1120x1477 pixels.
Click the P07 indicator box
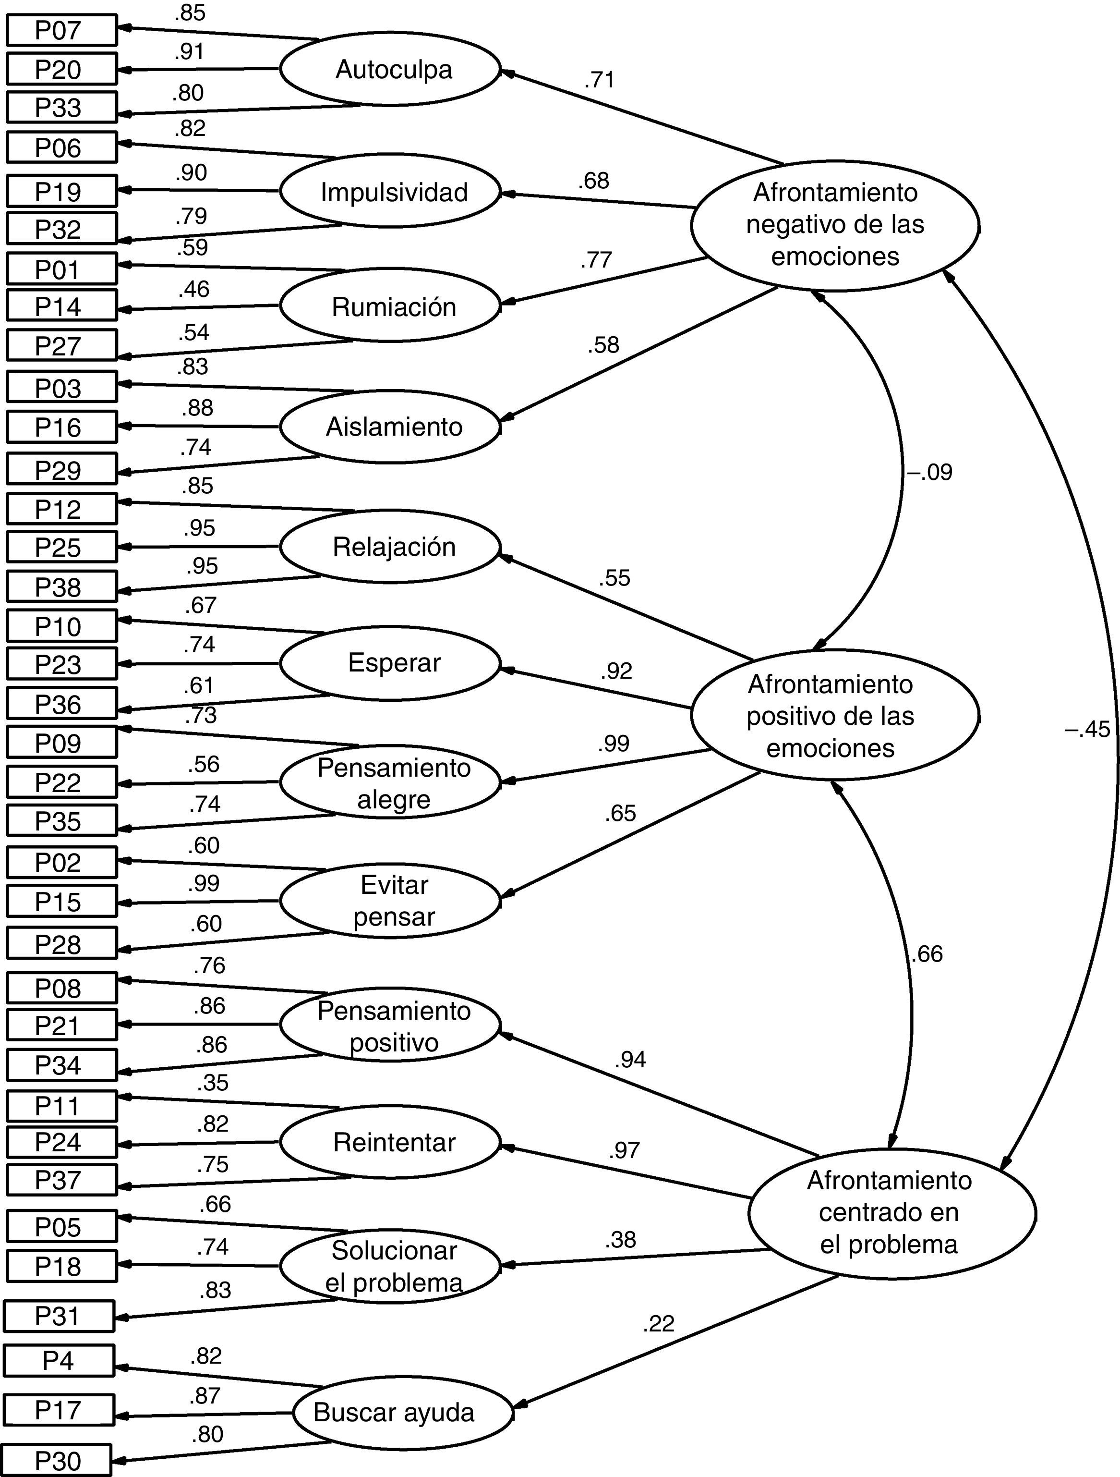61,31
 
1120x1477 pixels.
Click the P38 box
61,587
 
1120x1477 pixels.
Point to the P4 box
59,1360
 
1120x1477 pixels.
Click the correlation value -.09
928,473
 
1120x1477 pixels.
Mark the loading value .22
658,1323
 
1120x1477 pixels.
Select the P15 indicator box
61,902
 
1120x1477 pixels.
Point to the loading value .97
624,1150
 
